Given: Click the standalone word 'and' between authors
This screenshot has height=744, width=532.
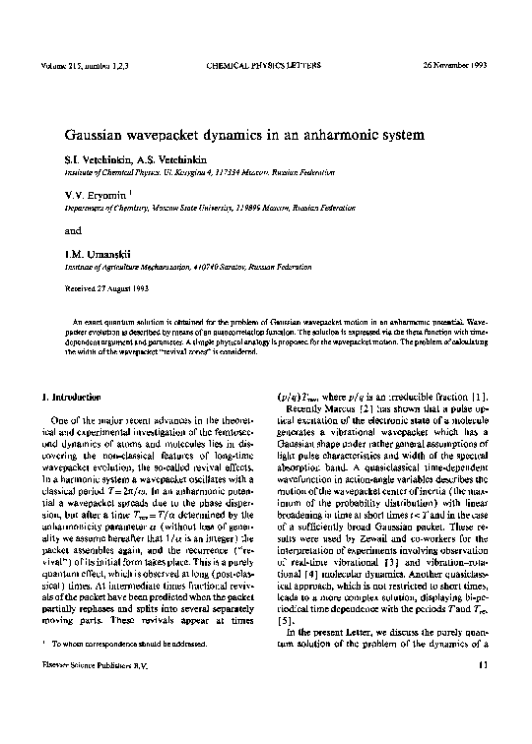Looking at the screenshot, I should [73, 232].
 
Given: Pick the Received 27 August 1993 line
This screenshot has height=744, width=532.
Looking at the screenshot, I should [103, 290].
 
